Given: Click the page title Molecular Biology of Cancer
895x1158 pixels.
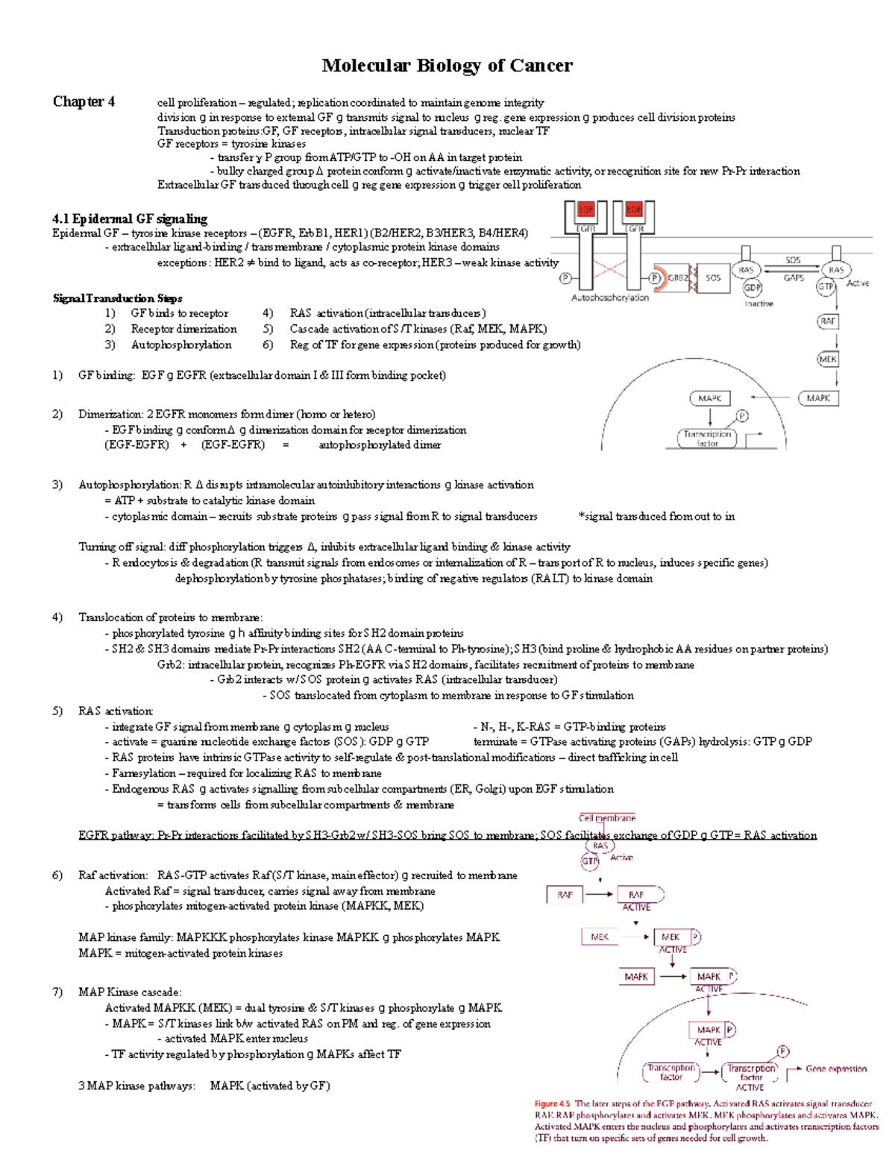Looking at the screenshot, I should click(x=447, y=66).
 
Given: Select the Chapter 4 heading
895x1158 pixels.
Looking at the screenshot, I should click(x=84, y=101).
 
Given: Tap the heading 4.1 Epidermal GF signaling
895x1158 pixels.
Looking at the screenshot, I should click(x=130, y=218).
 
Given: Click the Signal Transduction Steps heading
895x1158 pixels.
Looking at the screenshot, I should click(x=117, y=298).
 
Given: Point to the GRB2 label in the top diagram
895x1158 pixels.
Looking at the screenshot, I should click(x=678, y=278).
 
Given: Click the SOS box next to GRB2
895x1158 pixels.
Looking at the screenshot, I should click(x=713, y=278).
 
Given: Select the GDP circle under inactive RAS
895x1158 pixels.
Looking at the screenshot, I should click(x=752, y=288).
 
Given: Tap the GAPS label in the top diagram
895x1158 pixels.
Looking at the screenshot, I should click(x=794, y=278).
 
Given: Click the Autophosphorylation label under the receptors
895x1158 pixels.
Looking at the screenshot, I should click(x=609, y=298).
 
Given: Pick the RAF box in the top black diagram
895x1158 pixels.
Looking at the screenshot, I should click(x=828, y=321).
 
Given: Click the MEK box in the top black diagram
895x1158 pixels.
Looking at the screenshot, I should click(x=828, y=359).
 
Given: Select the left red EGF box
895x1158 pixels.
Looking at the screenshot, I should click(x=585, y=210).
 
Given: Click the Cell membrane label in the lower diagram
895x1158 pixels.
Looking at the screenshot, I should click(x=607, y=818).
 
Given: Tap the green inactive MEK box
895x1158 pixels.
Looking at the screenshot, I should click(x=600, y=937).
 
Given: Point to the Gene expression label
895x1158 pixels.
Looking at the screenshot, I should click(x=836, y=1069).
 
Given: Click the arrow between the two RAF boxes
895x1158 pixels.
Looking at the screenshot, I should click(x=599, y=894).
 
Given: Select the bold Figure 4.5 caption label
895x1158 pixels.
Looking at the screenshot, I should click(x=552, y=1104).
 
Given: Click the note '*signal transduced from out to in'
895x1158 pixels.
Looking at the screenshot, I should click(x=656, y=516).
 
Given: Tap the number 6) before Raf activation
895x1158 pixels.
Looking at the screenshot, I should click(x=58, y=875).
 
